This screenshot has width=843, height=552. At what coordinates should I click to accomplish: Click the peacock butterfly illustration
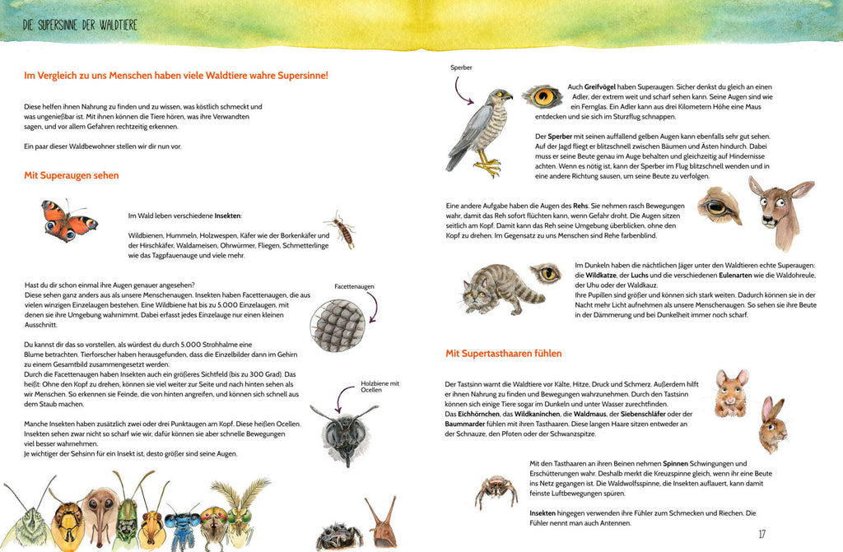click(x=69, y=220)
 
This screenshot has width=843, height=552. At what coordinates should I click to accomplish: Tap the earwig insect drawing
click(x=340, y=230)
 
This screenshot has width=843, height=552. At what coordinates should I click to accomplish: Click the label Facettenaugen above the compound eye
click(x=354, y=286)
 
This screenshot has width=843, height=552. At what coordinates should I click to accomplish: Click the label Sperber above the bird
click(x=461, y=68)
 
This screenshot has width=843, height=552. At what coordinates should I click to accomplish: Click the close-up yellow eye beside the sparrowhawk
click(x=543, y=97)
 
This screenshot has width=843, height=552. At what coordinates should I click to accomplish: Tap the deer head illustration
click(x=779, y=211)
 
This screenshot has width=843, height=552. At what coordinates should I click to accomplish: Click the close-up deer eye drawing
click(x=719, y=206)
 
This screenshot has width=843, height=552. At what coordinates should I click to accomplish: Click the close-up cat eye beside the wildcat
click(x=546, y=273)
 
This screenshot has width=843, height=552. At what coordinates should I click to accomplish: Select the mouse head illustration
click(x=730, y=392)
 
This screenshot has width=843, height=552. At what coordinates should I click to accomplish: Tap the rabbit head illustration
click(x=772, y=424)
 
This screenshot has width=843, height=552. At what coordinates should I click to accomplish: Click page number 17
click(x=761, y=534)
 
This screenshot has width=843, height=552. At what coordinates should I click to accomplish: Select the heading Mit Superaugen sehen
click(x=72, y=175)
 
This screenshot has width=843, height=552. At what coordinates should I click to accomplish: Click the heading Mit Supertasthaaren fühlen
click(x=503, y=354)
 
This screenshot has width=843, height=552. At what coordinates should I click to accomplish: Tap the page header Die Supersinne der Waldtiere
click(x=80, y=25)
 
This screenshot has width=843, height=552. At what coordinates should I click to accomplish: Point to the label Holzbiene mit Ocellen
click(x=379, y=387)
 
